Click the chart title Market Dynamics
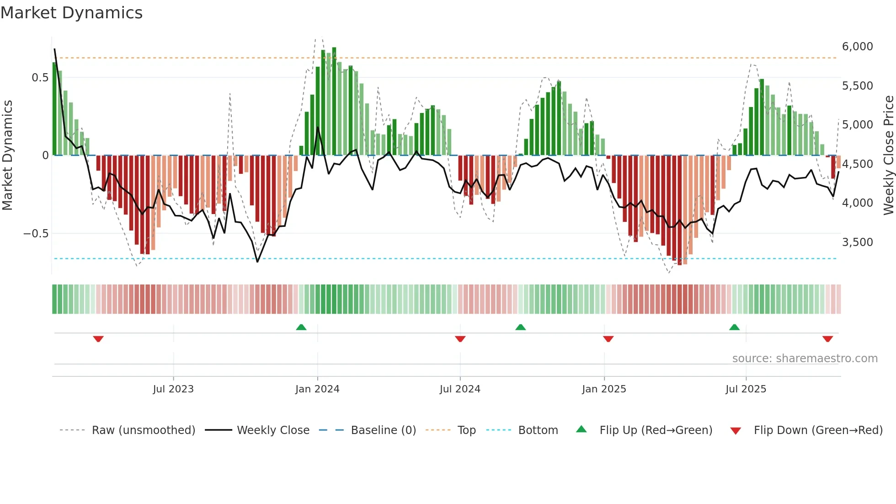tap(71, 13)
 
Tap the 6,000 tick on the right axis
tap(857, 47)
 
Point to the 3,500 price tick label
tap(857, 242)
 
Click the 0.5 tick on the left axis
tap(40, 78)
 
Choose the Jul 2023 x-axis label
tap(173, 389)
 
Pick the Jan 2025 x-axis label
tap(604, 389)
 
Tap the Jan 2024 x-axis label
tap(317, 389)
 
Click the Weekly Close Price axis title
tap(888, 155)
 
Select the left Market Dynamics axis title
tap(7, 155)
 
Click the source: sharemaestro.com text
tap(805, 359)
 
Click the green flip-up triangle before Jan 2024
tap(301, 327)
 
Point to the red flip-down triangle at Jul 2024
tap(460, 339)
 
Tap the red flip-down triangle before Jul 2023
tap(98, 339)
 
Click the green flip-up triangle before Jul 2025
tap(734, 327)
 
